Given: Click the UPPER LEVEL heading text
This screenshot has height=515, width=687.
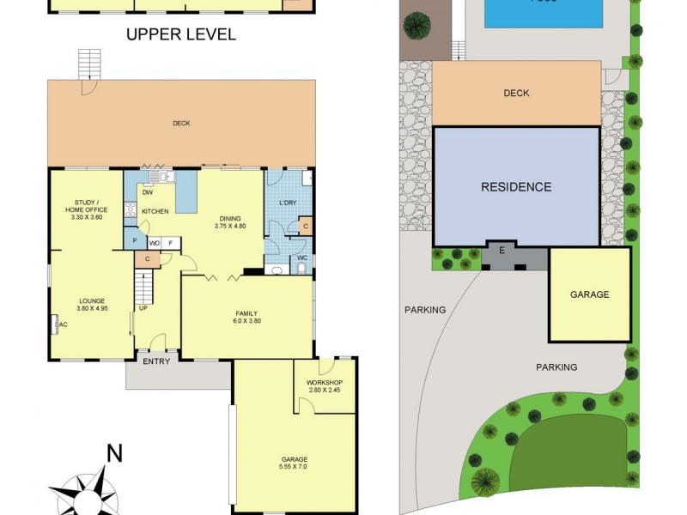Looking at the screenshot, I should tap(180, 34).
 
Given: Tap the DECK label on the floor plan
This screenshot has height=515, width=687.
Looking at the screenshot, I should tap(180, 124).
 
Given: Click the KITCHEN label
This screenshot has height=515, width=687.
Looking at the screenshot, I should tap(155, 211).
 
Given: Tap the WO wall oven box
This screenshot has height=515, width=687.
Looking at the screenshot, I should tap(155, 243).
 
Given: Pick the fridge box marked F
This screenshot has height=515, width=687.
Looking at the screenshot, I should tap(170, 243).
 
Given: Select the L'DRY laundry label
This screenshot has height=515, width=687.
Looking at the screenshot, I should tap(288, 203).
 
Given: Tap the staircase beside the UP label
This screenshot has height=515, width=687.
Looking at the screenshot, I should tap(143, 283).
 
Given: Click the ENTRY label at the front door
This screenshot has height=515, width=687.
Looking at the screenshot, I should tap(155, 361).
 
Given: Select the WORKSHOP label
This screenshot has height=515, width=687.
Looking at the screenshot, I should tap(324, 383).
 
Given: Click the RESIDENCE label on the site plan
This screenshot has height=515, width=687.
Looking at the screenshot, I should tap(515, 187).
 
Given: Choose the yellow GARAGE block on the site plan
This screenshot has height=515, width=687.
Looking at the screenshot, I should tap(589, 294).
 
